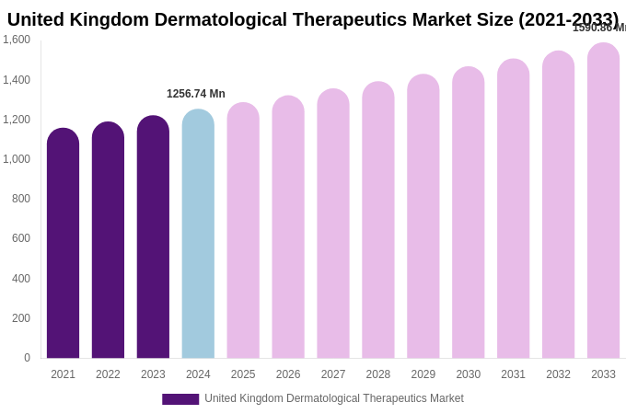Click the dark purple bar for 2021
(63, 244)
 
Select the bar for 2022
(108, 241)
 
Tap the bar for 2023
(153, 237)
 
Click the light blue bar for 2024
(198, 235)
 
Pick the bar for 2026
(288, 227)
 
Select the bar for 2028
(378, 221)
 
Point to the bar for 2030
(469, 213)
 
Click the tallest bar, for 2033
(603, 201)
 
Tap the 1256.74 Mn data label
(195, 94)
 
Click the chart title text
(313, 19)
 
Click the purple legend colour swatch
(180, 399)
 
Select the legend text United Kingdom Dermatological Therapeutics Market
(334, 398)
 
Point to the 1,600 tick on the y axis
(17, 40)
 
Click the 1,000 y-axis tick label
(17, 159)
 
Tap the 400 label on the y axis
(20, 279)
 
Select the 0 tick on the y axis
(27, 358)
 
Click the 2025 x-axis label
(243, 374)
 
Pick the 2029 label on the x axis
(423, 374)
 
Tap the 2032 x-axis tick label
(558, 374)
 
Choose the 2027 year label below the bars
(333, 374)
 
